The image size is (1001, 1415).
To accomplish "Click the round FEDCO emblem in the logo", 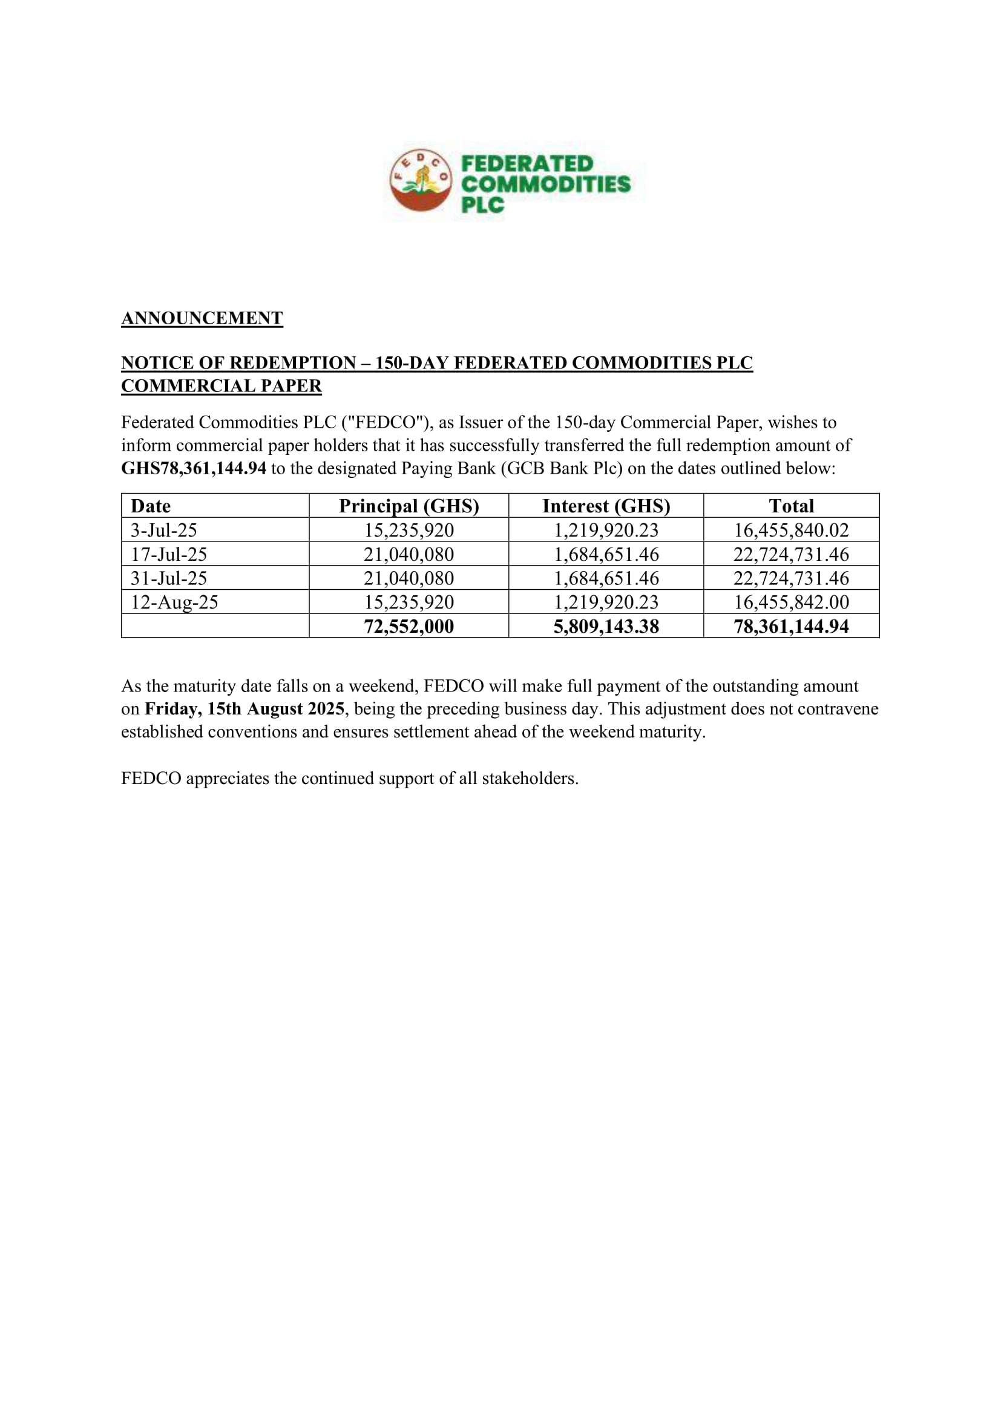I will pos(421,180).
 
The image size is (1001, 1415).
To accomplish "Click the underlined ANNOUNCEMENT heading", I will pos(202,318).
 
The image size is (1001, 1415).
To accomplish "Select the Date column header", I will pos(151,506).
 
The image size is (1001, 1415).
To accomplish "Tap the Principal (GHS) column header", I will pos(409,506).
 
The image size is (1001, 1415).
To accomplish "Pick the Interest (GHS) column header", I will pos(606,506).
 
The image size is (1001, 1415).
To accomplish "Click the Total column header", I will pos(791,506).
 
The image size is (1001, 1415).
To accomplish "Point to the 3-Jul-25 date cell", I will pos(163,530).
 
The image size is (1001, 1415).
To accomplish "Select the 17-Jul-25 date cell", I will pos(168,554).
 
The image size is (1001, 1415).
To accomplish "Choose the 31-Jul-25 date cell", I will pos(168,578).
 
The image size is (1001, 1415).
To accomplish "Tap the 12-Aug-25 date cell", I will pos(174,602).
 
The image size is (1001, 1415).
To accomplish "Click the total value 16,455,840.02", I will pos(791,530).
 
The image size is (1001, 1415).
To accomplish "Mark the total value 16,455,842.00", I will pos(791,602).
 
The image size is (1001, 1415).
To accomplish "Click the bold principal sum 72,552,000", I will pos(409,626).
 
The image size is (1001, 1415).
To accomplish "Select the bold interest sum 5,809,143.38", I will pos(606,626).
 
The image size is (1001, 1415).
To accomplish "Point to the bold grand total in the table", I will pos(791,626).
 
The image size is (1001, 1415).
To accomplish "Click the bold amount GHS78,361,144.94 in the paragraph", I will pos(194,468).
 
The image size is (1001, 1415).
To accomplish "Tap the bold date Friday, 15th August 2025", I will pos(244,709).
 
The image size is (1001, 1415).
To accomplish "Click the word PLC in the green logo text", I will pos(482,204).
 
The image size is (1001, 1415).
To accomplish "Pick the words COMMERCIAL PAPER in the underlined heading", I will pos(222,386).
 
